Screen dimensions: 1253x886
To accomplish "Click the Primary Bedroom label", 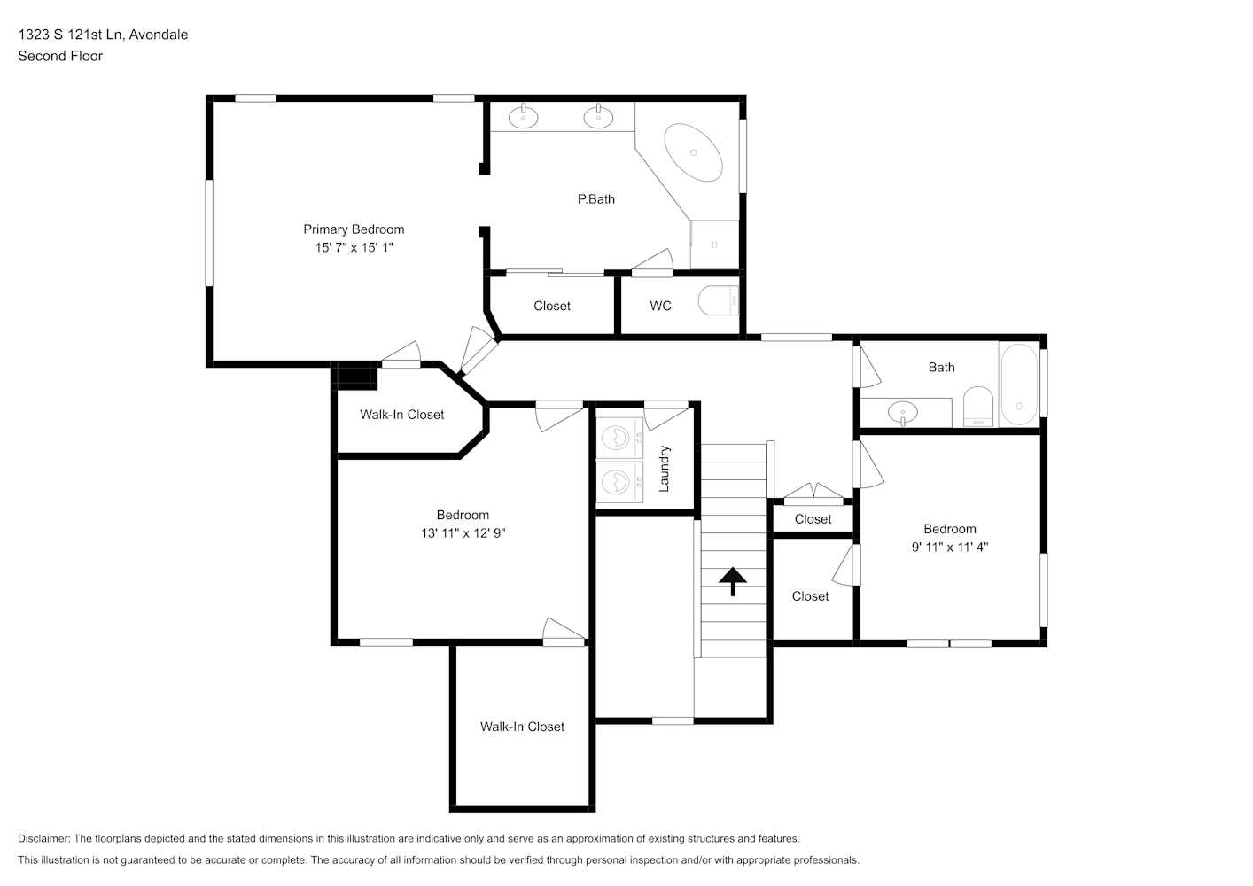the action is coord(354,229).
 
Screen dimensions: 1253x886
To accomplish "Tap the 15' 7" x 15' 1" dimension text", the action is coord(354,247).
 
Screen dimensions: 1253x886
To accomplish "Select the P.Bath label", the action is coord(596,199).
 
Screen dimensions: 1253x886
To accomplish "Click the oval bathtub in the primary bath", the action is coord(694,152).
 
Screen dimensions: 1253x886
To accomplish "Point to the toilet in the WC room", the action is coord(719,300).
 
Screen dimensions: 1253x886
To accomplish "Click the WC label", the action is coord(661,306).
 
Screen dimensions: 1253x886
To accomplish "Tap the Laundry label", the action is coord(664,469).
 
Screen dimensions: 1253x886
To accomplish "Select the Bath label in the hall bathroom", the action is coord(941,368).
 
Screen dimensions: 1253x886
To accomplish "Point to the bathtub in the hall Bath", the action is coord(1020,385).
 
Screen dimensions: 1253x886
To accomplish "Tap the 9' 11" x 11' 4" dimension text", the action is coord(950,547).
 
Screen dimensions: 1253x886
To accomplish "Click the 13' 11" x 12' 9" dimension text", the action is coord(463,533).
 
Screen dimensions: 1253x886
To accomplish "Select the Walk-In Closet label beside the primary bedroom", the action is coord(401,415).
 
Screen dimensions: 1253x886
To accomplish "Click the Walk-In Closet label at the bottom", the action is coord(523,727).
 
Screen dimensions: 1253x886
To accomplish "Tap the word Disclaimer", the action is coord(44,838).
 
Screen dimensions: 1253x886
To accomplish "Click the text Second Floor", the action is coord(60,56).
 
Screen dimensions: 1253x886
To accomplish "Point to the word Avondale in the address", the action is coord(159,35).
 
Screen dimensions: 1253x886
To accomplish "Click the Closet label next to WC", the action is coord(552,306).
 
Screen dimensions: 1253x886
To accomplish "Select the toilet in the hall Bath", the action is coord(977,407).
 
